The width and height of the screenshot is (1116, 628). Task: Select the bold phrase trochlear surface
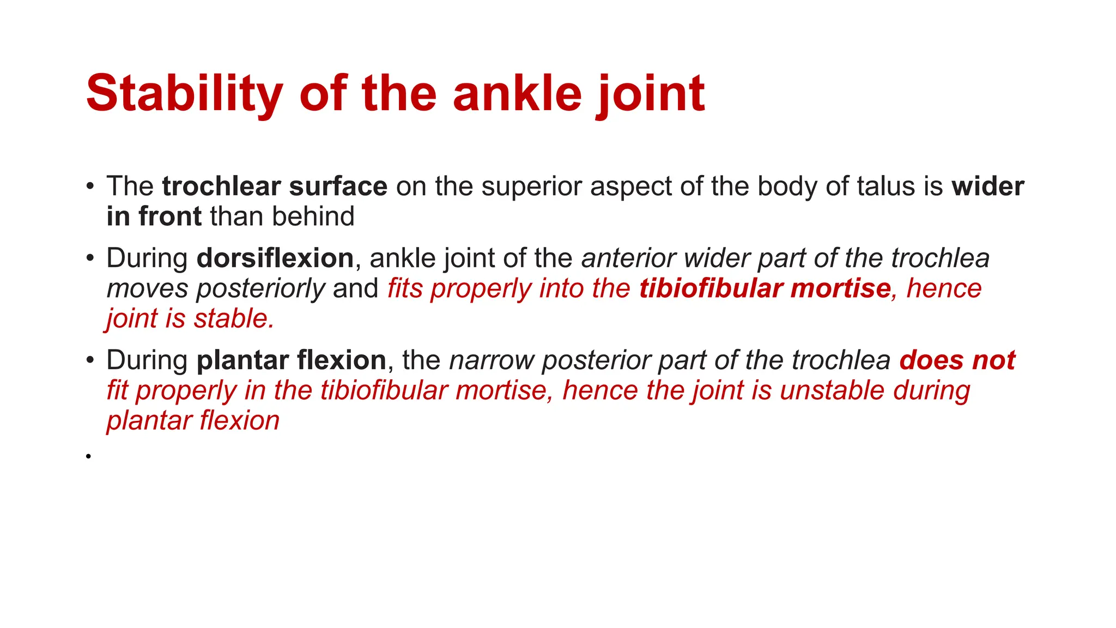tap(275, 186)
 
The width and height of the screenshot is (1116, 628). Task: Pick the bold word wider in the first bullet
tap(987, 186)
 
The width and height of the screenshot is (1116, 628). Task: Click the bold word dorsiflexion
tap(275, 258)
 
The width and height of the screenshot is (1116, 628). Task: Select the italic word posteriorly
tap(260, 288)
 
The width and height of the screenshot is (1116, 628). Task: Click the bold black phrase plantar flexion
tap(291, 360)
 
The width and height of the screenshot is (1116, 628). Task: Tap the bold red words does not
tap(957, 360)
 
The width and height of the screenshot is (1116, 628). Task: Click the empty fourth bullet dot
tap(88, 456)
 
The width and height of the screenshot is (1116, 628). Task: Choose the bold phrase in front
tap(154, 216)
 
